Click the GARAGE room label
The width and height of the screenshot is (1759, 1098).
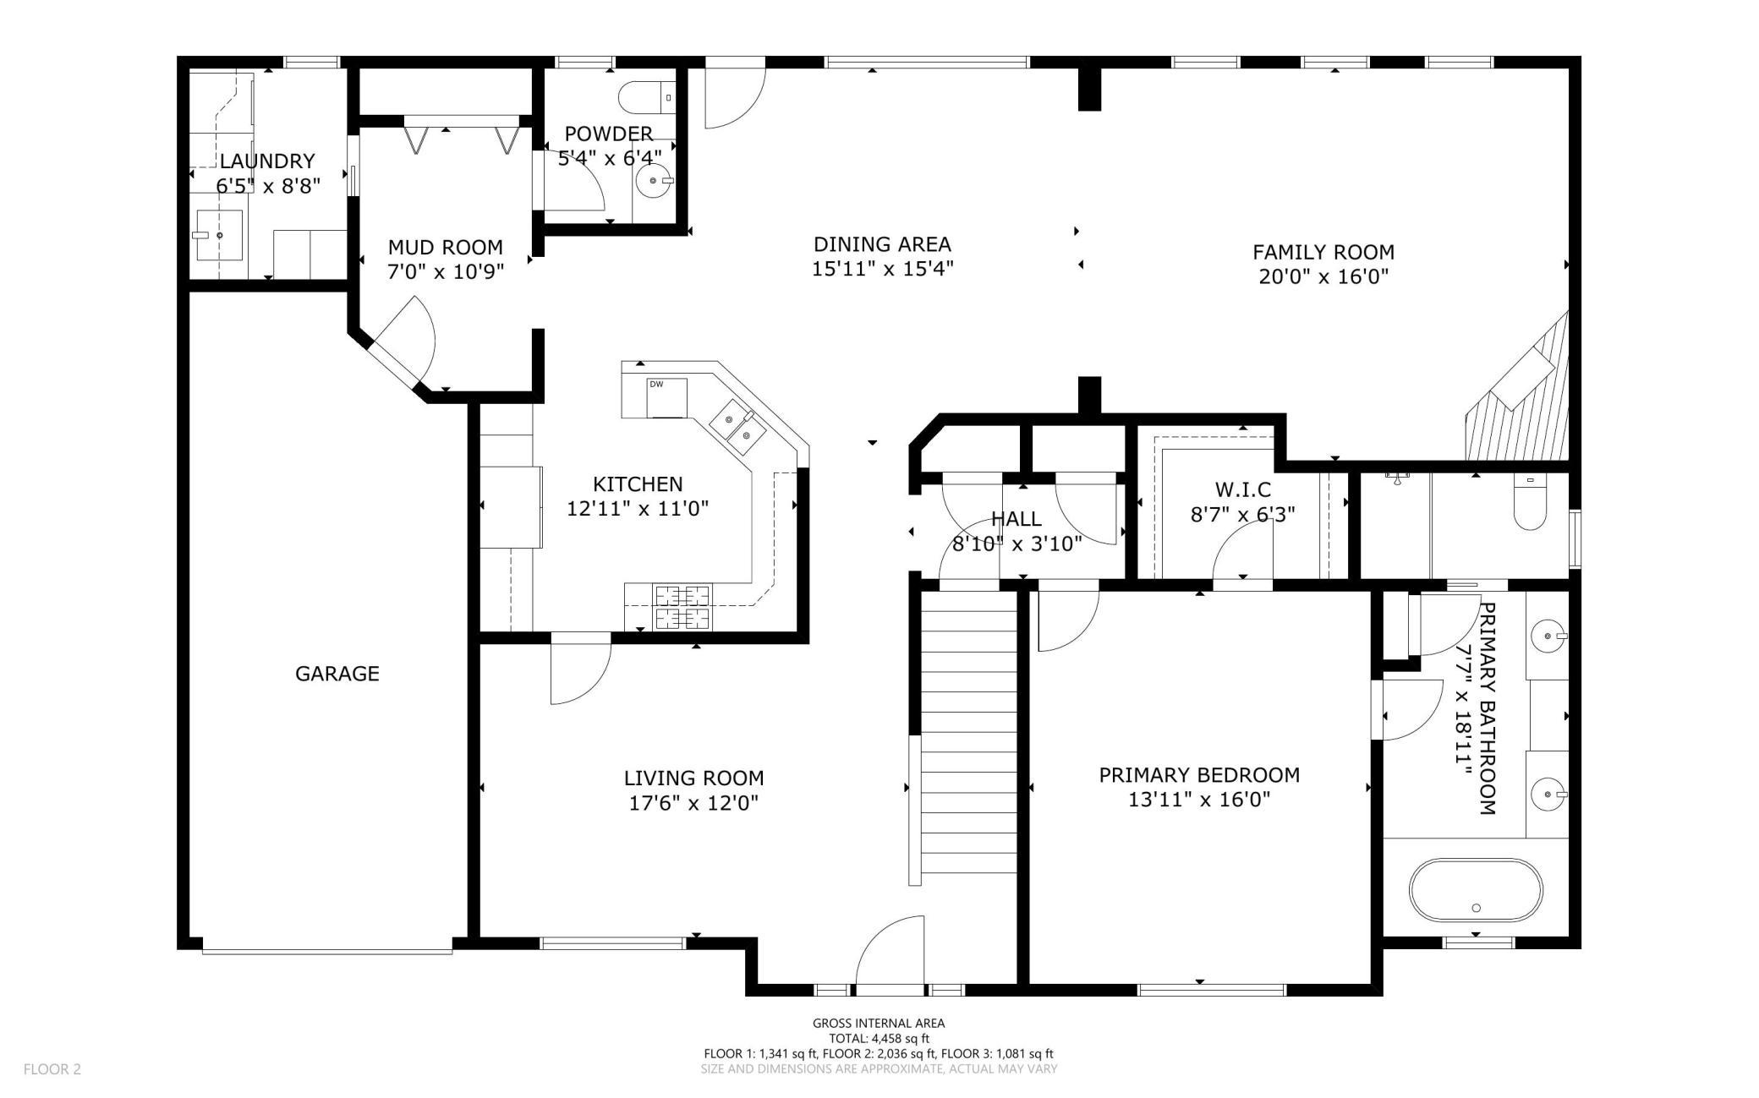click(x=337, y=674)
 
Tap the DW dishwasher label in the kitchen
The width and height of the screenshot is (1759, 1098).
click(x=656, y=384)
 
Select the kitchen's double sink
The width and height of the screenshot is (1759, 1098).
click(x=737, y=426)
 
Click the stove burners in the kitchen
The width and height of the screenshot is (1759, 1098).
click(x=682, y=607)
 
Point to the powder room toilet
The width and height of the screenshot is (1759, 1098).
click(x=648, y=98)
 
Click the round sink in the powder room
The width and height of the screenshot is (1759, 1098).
click(x=654, y=180)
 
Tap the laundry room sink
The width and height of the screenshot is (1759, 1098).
click(x=219, y=235)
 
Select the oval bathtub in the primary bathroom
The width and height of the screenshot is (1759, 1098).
click(x=1476, y=890)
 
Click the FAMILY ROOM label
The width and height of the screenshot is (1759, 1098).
click(x=1323, y=252)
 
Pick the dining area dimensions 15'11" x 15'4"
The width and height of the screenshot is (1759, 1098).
click(x=883, y=269)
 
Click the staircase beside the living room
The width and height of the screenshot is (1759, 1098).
click(x=968, y=731)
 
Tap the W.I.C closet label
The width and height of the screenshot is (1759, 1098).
click(x=1243, y=489)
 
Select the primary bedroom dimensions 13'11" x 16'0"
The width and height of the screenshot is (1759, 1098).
click(x=1200, y=800)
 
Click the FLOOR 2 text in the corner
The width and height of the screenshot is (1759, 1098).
click(x=52, y=1069)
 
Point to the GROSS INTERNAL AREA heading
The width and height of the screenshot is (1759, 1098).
click(x=879, y=1023)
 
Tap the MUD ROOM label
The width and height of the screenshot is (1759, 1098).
click(x=445, y=247)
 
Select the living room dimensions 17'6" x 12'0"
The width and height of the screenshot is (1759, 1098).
click(x=693, y=803)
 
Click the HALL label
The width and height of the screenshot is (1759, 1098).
click(x=1016, y=519)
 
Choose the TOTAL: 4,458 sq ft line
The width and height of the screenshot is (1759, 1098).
click(x=879, y=1038)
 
